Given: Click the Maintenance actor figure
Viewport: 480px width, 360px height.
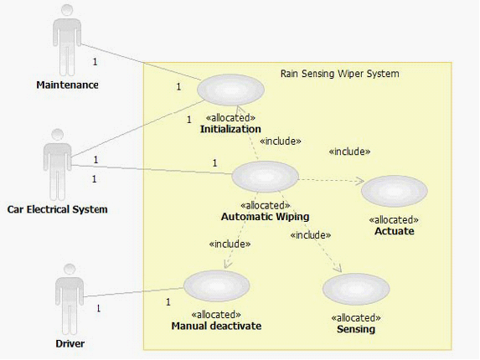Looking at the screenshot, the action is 67,40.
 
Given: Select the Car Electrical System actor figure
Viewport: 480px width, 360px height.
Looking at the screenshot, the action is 57,165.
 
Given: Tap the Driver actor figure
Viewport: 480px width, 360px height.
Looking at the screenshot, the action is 70,299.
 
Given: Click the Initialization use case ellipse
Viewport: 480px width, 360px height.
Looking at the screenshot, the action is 230,90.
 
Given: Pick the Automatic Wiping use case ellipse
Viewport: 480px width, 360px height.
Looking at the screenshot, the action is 265,177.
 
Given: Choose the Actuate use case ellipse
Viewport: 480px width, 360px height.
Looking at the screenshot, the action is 395,191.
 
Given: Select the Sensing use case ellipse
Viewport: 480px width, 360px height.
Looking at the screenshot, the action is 356,289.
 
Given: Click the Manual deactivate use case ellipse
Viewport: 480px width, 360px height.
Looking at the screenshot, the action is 217,285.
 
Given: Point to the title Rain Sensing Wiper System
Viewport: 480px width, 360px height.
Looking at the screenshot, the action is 340,74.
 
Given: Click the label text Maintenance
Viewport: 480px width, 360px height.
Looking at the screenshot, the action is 67,85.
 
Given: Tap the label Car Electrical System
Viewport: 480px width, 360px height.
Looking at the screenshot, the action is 57,209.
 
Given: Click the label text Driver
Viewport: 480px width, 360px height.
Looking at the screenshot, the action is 70,343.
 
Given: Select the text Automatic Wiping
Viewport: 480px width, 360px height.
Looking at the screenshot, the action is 265,217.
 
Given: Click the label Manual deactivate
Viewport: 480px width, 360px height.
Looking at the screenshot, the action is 216,326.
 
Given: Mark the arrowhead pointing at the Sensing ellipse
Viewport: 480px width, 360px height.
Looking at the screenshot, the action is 339,269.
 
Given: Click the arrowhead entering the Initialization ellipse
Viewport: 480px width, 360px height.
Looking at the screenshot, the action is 240,109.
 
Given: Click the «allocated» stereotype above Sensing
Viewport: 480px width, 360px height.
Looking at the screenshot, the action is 356,318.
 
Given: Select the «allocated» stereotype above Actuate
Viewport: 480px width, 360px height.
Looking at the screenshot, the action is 394,220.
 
